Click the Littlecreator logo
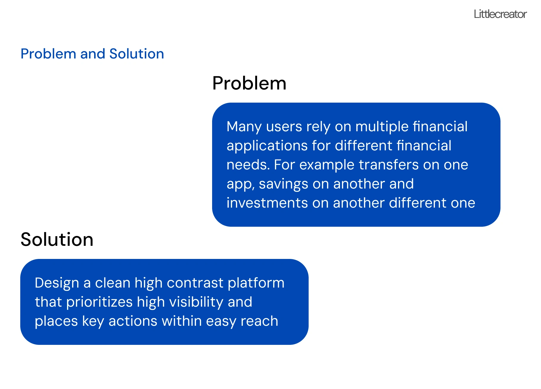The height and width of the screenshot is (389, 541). click(500, 14)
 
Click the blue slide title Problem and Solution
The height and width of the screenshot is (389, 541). click(92, 54)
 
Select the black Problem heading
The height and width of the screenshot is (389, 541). click(249, 83)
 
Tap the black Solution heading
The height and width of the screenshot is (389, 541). click(57, 240)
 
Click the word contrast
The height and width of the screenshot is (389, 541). click(195, 283)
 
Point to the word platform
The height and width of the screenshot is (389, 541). click(256, 283)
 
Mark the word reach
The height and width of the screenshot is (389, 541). click(259, 321)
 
